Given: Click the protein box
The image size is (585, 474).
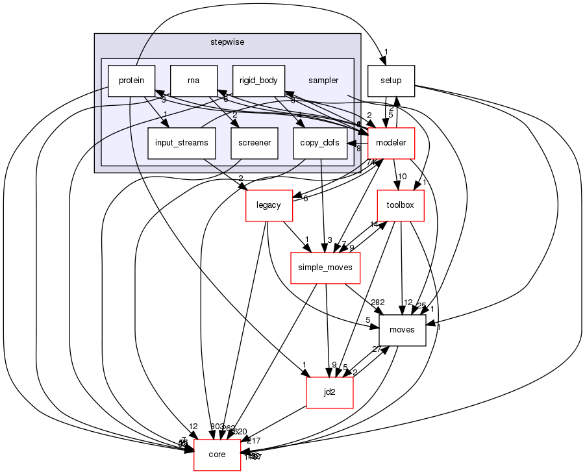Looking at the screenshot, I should tap(131, 81).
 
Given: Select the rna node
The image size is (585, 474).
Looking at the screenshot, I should tap(193, 81).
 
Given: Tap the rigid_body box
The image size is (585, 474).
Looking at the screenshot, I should tap(258, 81).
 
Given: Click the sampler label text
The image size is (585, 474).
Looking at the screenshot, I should tap(323, 81).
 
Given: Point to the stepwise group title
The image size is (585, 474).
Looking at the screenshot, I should tap(227, 42).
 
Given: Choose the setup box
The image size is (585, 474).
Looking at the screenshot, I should tap(391, 81).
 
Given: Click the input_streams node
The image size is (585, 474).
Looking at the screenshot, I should tap(181, 143).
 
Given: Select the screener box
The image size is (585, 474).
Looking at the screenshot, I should tap(255, 143).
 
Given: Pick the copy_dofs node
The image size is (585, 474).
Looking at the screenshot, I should tap(320, 143).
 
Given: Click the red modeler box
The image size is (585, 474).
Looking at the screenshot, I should tap(392, 143).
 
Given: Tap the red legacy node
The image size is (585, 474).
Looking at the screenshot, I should tap(268, 205).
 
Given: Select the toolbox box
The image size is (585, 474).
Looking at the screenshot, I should tap(401, 206).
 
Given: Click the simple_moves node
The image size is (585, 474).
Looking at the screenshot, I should tap(325, 268).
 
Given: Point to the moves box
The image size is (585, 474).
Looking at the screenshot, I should tap(402, 331).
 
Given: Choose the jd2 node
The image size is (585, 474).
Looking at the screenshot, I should tap(329, 392).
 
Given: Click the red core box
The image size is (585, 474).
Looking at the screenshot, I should tap(217, 455).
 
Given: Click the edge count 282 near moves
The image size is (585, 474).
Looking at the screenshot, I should tap(377, 303).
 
